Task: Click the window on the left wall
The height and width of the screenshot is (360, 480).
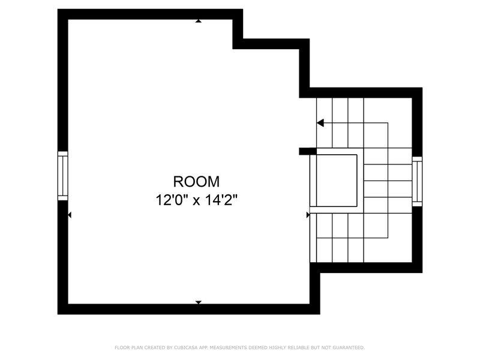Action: [62, 176]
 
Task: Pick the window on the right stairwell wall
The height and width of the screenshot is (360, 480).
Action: [417, 180]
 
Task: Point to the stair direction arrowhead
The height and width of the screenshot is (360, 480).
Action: [320, 123]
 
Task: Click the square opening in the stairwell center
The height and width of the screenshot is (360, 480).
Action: [337, 180]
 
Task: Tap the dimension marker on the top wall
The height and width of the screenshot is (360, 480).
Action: [198, 21]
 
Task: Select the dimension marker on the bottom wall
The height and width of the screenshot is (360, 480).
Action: [198, 302]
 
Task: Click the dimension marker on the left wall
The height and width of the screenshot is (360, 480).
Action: [70, 214]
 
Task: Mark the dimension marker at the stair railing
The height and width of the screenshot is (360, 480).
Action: [308, 214]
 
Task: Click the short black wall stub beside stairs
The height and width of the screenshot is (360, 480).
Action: [307, 151]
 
